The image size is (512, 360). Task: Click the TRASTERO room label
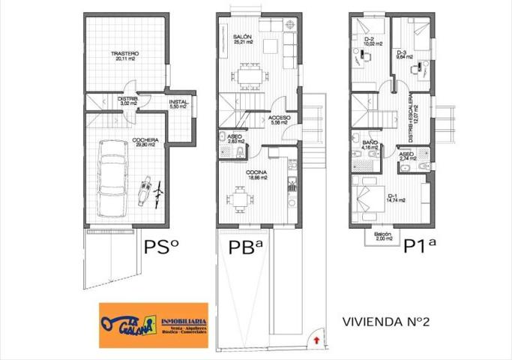[124, 54]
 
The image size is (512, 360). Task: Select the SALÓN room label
[241, 37]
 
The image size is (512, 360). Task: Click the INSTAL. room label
[178, 103]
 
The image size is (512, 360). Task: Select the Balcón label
[382, 235]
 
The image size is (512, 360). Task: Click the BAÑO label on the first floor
[369, 142]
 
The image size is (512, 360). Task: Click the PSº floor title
[160, 247]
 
